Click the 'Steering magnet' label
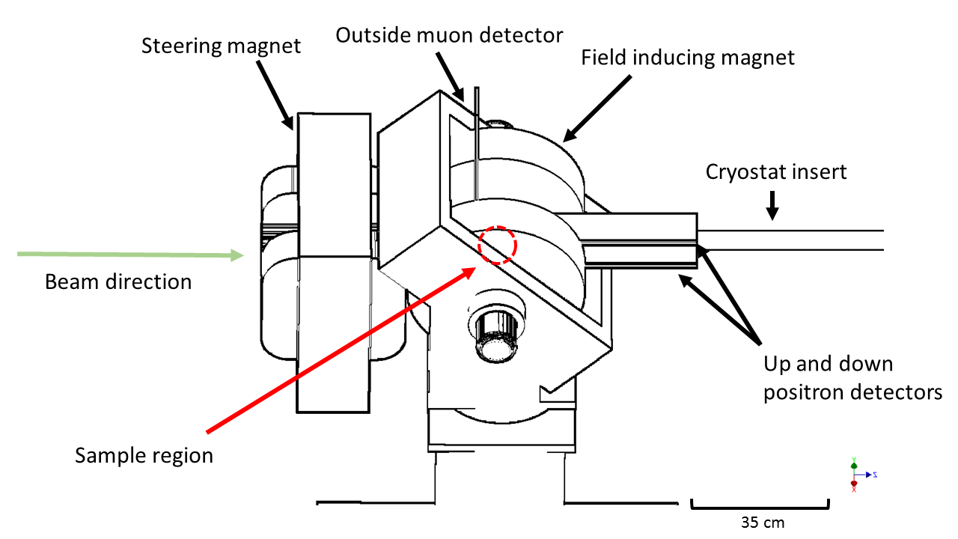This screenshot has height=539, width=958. (x=221, y=46)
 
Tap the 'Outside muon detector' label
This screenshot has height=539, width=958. (x=449, y=35)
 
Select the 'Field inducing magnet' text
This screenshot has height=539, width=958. (x=688, y=57)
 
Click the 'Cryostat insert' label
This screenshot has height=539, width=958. (x=776, y=172)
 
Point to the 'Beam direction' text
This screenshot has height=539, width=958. (x=118, y=282)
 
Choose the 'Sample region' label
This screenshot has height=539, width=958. (x=144, y=455)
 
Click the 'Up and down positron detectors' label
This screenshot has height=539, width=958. (x=852, y=378)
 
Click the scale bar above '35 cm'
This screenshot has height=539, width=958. (x=759, y=506)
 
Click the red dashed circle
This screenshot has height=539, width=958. (x=498, y=245)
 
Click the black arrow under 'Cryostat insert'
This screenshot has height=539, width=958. (x=772, y=205)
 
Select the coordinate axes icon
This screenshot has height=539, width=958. (x=855, y=475)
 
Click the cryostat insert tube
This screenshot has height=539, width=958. (x=790, y=240)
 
